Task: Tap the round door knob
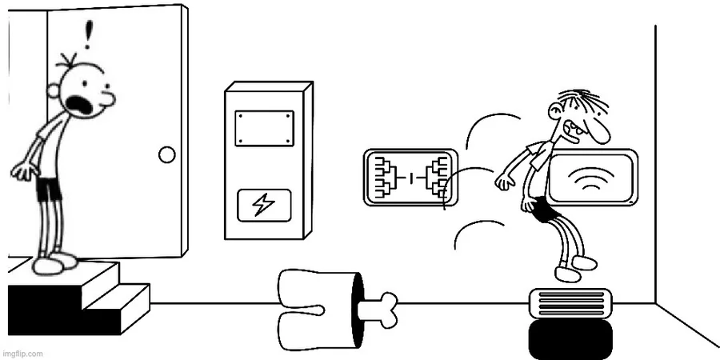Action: click(x=167, y=155)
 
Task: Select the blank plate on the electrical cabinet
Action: click(x=264, y=129)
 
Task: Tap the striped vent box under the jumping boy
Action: click(x=570, y=305)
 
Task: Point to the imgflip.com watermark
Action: click(x=23, y=353)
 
